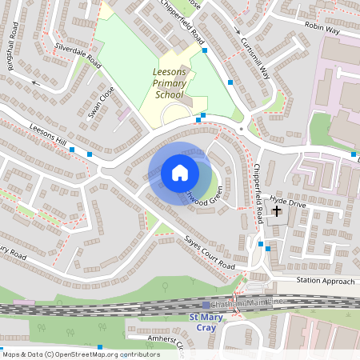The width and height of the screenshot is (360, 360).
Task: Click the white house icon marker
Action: (x=179, y=172)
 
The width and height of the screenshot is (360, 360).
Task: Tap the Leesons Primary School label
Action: (x=169, y=83)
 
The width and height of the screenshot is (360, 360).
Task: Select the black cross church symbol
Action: (x=278, y=212)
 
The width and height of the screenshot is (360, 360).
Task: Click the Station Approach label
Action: (x=324, y=281)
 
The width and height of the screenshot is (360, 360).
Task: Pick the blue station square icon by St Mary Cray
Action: (x=206, y=305)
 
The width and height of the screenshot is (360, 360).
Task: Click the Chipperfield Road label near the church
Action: (x=258, y=193)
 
